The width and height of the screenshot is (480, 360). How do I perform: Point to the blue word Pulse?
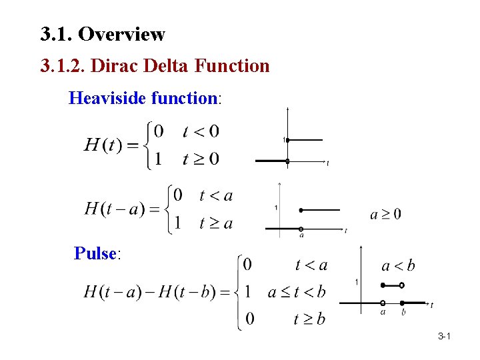click(x=95, y=253)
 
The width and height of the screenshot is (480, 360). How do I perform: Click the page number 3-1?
click(x=445, y=337)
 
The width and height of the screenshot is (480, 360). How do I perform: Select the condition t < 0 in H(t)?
click(x=201, y=131)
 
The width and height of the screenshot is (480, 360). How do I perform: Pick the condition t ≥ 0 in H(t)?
click(x=201, y=159)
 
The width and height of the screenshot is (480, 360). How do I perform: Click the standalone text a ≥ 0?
click(x=385, y=214)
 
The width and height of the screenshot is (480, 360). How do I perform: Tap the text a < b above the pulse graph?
click(x=398, y=266)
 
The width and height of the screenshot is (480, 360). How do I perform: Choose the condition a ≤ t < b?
click(x=297, y=291)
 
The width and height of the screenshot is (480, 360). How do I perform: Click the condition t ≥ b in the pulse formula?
click(x=310, y=319)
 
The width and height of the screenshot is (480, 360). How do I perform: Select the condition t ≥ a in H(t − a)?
click(x=216, y=223)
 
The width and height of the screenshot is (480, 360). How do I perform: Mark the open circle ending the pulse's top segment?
click(x=402, y=285)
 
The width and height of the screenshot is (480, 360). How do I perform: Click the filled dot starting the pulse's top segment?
click(x=383, y=285)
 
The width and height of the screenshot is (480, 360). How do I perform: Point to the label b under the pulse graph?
click(x=403, y=311)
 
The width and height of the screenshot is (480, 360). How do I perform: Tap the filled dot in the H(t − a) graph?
click(x=301, y=210)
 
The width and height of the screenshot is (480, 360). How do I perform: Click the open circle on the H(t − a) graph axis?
click(x=301, y=229)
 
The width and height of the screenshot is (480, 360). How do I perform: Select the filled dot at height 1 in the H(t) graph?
click(x=287, y=140)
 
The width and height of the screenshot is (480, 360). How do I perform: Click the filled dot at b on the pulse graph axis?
click(x=403, y=303)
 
